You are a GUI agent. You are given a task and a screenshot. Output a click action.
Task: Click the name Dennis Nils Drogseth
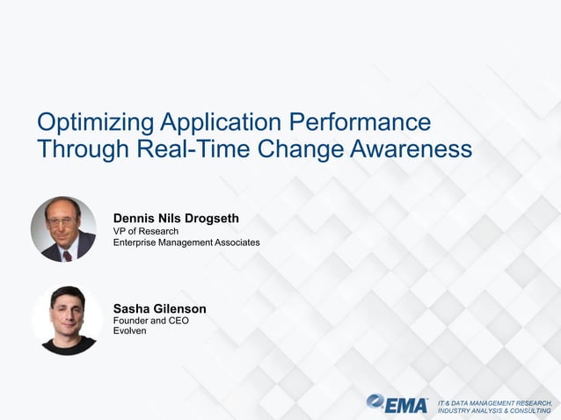pos(176,218)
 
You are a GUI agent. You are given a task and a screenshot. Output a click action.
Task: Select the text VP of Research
pos(146,231)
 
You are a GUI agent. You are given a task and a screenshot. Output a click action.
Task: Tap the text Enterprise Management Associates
pos(186,242)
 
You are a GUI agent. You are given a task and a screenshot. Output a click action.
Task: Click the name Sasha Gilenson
pos(160,308)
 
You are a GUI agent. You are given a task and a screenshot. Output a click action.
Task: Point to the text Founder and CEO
pos(151,321)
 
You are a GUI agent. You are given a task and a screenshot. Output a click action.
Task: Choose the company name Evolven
pos(130,331)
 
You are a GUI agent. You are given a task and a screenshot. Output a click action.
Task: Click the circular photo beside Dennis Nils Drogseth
pos(63,229)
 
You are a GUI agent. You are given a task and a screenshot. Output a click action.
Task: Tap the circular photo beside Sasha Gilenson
pos(67,320)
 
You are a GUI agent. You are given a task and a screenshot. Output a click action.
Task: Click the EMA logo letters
pos(408,404)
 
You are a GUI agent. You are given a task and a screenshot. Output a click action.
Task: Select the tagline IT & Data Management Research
pos(494,401)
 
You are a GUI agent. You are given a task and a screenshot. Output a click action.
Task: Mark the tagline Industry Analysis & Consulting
pos(494,410)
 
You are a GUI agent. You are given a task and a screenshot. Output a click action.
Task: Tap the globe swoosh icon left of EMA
pos(376,403)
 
